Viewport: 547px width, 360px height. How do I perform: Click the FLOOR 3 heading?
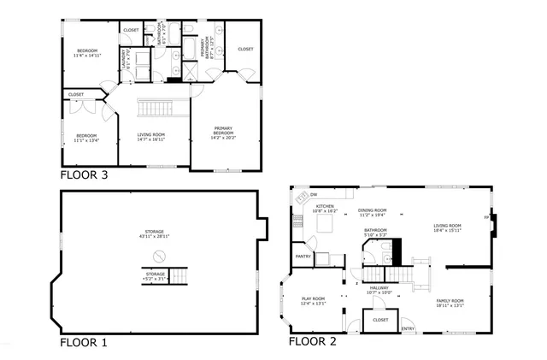pyautogui.click(x=84, y=175)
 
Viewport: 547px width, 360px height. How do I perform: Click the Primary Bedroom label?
pyautogui.click(x=223, y=131)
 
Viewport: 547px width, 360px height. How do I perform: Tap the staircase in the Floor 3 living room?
pyautogui.click(x=157, y=109)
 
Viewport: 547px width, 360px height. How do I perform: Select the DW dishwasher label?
pyautogui.click(x=314, y=194)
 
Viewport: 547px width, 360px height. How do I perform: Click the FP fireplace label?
pyautogui.click(x=486, y=217)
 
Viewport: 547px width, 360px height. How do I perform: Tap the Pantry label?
pyautogui.click(x=303, y=256)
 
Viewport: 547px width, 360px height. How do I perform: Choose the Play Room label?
pyautogui.click(x=314, y=299)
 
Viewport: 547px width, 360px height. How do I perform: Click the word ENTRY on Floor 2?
pyautogui.click(x=408, y=328)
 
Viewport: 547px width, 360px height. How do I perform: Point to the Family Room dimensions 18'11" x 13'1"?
pyautogui.click(x=450, y=305)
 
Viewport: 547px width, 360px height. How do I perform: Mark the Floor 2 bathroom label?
pyautogui.click(x=375, y=231)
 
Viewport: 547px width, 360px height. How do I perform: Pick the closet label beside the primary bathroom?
pyautogui.click(x=245, y=49)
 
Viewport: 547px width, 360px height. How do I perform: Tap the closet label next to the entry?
pyautogui.click(x=380, y=320)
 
